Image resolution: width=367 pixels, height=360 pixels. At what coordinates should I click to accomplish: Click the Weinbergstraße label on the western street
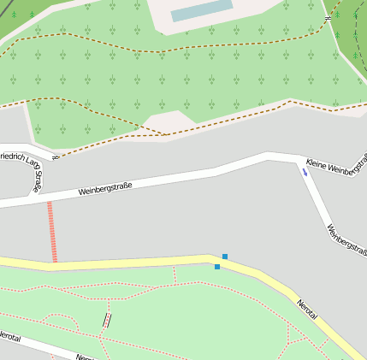point(105,188)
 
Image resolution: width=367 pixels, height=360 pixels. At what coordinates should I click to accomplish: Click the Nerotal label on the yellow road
point(307,309)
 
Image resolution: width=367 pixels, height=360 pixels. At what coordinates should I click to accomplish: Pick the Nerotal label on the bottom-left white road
point(10,336)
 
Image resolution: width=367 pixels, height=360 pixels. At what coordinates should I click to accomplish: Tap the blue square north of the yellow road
point(225,257)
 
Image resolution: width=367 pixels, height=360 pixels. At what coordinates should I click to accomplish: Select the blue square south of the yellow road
point(217,267)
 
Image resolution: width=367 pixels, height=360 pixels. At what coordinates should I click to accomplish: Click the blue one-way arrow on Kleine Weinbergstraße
point(305,172)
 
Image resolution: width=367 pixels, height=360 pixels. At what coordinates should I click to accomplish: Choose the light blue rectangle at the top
point(202,10)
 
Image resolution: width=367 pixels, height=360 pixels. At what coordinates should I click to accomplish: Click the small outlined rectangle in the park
point(107,320)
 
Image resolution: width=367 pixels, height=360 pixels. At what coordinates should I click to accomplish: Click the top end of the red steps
point(50,203)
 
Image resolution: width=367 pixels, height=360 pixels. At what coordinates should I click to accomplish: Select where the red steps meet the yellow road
point(54,260)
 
